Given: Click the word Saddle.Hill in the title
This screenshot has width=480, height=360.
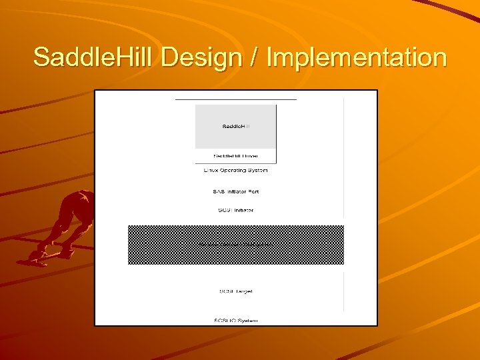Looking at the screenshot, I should pyautogui.click(x=93, y=57).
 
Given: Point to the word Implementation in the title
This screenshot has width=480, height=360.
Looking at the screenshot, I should pyautogui.click(x=357, y=57).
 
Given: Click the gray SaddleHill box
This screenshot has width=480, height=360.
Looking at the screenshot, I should pyautogui.click(x=235, y=126).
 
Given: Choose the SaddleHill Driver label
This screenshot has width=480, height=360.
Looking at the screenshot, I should pyautogui.click(x=235, y=157).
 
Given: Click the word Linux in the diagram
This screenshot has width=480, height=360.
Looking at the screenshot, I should pyautogui.click(x=211, y=171).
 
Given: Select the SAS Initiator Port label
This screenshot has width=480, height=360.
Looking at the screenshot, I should pyautogui.click(x=235, y=192).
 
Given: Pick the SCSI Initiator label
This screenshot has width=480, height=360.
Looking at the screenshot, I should pyautogui.click(x=235, y=211).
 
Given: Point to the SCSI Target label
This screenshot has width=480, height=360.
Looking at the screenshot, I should pyautogui.click(x=235, y=291).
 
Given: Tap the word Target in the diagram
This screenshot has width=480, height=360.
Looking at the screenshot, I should pyautogui.click(x=243, y=291).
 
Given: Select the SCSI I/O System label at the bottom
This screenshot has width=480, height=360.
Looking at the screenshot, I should pyautogui.click(x=235, y=321).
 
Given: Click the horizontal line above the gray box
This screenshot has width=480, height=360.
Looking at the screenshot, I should pyautogui.click(x=235, y=99).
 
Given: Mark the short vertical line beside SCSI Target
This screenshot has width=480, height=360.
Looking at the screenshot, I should pyautogui.click(x=344, y=291).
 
